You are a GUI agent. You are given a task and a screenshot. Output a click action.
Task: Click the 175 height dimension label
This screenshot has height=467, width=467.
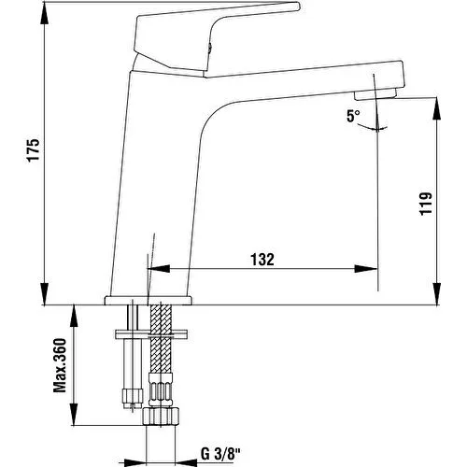pos(33,150)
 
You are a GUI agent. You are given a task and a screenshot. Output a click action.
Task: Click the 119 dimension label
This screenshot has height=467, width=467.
pos(426,204)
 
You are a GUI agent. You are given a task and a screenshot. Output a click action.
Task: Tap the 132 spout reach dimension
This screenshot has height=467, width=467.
pos(262,260)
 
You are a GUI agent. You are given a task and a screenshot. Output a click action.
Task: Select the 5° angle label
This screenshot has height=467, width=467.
pos(353,116)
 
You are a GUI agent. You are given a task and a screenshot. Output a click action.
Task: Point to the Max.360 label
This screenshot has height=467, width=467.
pos(60,365)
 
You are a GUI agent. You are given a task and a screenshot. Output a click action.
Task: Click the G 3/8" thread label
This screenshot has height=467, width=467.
pos(220,454)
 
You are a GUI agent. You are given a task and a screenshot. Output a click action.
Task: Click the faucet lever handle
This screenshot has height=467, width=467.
pos(215,37)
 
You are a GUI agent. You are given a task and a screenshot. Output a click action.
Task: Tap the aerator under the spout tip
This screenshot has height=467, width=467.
pos(375,93)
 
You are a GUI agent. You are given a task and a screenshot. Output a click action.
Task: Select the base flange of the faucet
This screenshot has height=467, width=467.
pos(148,301)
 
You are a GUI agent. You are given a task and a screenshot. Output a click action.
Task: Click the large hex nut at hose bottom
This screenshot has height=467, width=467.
pos(162,417)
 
